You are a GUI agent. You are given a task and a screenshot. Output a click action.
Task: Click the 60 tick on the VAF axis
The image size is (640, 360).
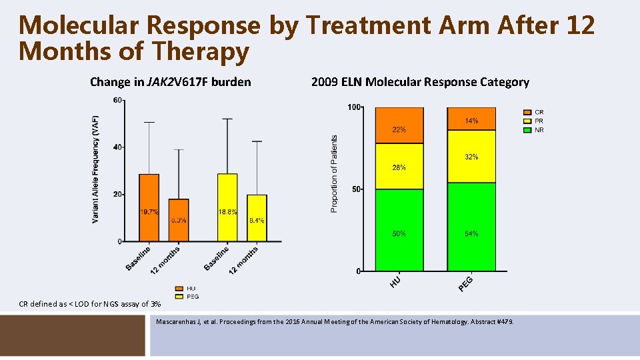117,101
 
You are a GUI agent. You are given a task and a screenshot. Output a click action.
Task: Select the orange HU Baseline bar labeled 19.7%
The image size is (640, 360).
149,207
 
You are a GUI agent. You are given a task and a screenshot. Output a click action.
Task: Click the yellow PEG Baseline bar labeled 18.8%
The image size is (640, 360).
227,207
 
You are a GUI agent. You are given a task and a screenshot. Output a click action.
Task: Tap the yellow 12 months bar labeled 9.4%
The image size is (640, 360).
257,218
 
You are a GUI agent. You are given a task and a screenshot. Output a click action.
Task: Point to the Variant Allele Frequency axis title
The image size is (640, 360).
96,169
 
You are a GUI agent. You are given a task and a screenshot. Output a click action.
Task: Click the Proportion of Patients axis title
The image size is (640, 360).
334,174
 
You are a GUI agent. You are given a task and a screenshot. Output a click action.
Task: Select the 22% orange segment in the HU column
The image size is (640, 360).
399,126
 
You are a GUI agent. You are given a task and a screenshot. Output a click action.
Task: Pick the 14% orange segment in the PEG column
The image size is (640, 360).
471,116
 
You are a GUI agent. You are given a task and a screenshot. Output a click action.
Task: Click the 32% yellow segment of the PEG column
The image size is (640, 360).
471,157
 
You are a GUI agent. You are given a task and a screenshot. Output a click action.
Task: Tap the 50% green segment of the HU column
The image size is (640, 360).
399,231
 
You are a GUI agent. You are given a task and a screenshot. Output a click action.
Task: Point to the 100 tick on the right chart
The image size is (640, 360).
354,107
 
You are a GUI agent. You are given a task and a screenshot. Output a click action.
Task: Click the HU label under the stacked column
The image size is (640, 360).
396,282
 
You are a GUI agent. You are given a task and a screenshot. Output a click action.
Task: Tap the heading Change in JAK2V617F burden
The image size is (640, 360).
171,82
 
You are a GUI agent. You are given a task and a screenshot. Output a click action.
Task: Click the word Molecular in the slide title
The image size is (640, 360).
79,25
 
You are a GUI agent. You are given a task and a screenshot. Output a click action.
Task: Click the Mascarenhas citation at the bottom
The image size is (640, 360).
335,323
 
